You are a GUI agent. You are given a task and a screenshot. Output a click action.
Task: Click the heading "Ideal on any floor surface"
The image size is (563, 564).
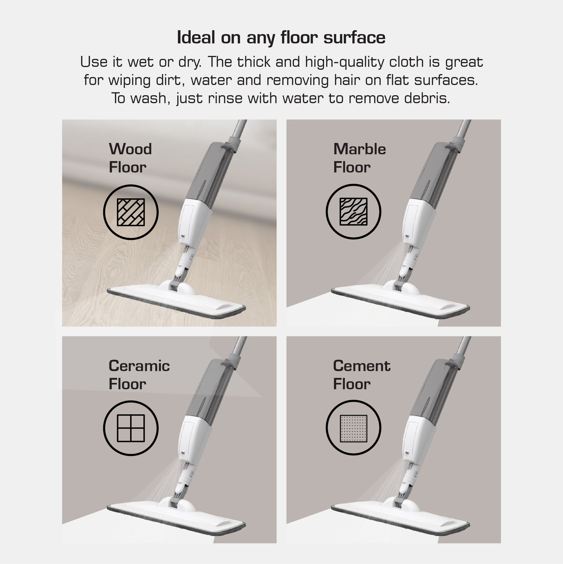click(x=281, y=38)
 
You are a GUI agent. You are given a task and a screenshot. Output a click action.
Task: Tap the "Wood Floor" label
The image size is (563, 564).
click(x=130, y=158)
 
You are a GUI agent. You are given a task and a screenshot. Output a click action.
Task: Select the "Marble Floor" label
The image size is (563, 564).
click(x=359, y=158)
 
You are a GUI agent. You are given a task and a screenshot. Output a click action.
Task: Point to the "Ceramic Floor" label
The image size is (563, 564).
click(x=139, y=375)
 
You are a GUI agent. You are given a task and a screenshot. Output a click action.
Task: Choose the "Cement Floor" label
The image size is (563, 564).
click(x=361, y=375)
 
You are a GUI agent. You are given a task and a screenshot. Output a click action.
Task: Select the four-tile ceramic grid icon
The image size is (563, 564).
click(x=131, y=428)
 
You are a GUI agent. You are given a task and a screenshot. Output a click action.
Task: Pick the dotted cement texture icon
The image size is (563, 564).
click(x=353, y=428)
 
